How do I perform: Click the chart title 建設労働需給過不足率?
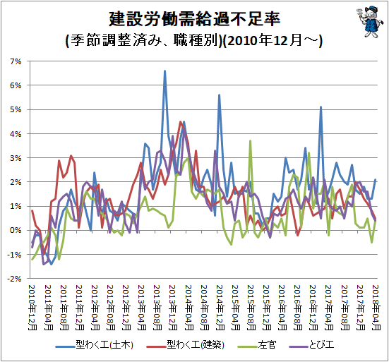(195, 19)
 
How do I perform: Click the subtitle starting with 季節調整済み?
(194, 40)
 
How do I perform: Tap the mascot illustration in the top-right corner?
(368, 22)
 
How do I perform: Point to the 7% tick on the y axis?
(16, 61)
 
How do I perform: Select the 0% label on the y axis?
(16, 230)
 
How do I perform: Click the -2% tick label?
(14, 279)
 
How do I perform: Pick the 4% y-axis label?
(16, 134)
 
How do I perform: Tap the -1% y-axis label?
(14, 255)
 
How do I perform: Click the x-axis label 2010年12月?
(32, 308)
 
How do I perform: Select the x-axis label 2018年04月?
(376, 308)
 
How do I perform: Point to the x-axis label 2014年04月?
(189, 308)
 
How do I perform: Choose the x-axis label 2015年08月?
(251, 308)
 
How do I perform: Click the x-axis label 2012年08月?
(111, 308)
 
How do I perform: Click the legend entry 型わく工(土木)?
(95, 345)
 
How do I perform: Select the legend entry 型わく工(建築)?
(186, 345)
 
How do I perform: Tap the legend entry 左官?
(256, 345)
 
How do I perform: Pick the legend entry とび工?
(311, 345)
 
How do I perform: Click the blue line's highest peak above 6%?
(164, 71)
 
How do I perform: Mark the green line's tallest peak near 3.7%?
(251, 141)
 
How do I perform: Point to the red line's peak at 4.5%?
(180, 122)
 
